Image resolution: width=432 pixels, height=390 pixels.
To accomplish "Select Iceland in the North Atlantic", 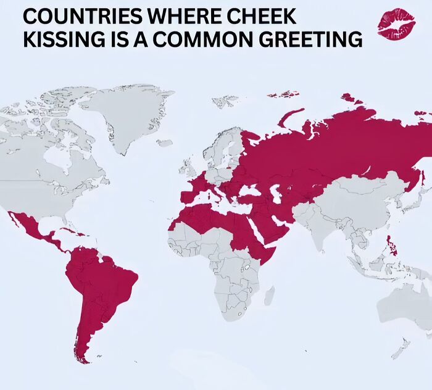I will [164, 143].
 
